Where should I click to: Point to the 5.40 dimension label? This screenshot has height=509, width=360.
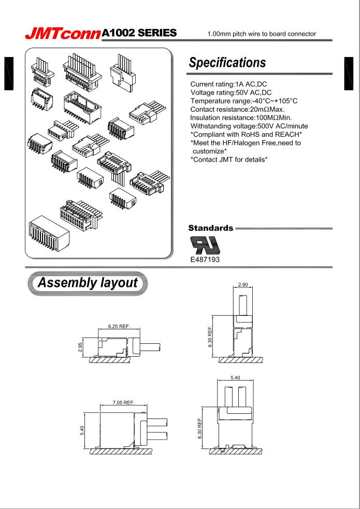[x=241, y=379]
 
